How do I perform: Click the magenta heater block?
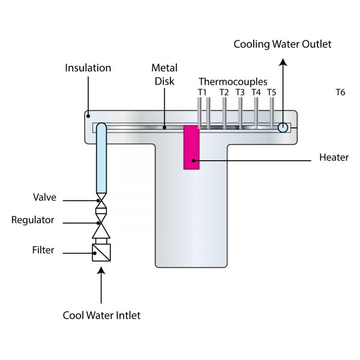click(x=191, y=148)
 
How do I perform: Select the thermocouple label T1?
click(x=202, y=92)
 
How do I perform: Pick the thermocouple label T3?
click(x=240, y=92)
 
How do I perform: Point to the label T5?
click(x=272, y=92)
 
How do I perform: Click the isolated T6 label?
click(x=340, y=92)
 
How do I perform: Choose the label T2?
click(x=224, y=92)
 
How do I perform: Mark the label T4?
click(x=256, y=92)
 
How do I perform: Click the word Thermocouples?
click(x=233, y=82)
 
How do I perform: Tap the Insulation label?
click(x=88, y=68)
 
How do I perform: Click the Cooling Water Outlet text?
click(x=282, y=44)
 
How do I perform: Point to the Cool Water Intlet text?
click(x=102, y=315)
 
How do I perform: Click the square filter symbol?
click(x=101, y=253)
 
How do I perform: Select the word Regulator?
click(x=33, y=220)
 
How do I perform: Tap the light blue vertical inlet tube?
click(x=101, y=162)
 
